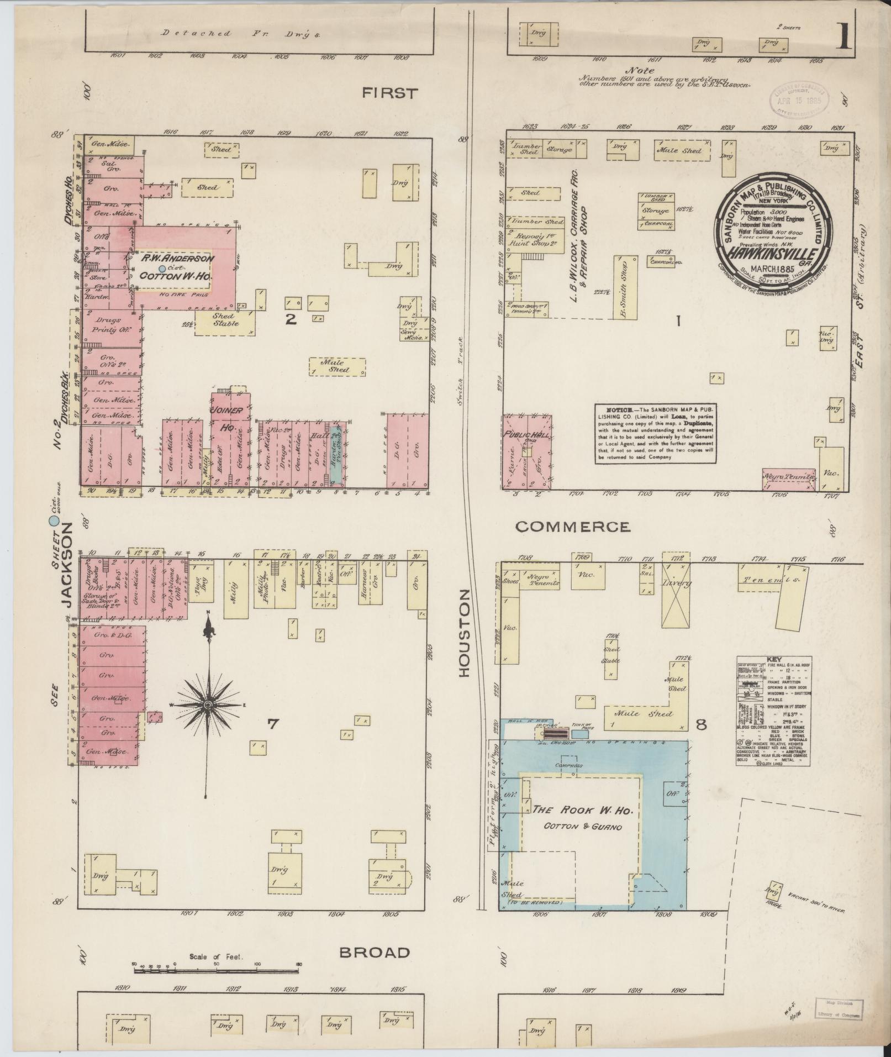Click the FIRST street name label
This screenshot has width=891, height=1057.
[x=389, y=93]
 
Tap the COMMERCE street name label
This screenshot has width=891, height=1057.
[x=572, y=527]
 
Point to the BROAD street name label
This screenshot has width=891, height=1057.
[x=375, y=953]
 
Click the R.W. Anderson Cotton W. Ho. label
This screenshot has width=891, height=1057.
[x=176, y=267]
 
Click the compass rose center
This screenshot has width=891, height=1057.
[x=208, y=706]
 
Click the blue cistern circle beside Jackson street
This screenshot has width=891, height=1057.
[x=54, y=520]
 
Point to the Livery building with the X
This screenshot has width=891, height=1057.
[x=677, y=596]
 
